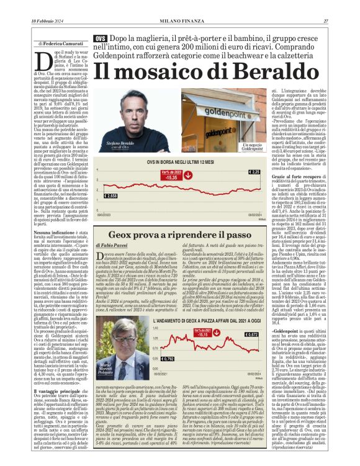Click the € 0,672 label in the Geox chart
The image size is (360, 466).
251,334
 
